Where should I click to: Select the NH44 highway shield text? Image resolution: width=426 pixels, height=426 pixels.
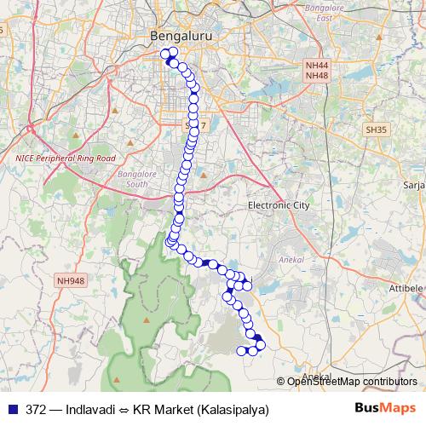[x=316, y=65]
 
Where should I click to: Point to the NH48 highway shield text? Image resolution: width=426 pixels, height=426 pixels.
[x=316, y=76]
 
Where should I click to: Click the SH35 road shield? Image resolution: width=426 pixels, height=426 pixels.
[x=375, y=130]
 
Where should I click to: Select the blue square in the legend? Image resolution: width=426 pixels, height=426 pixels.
[x=11, y=409]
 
